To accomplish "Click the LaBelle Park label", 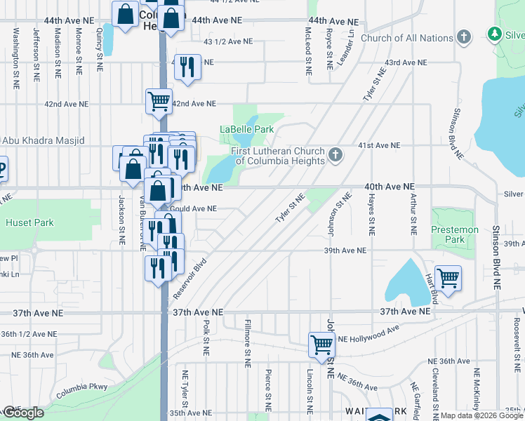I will pos(246,129).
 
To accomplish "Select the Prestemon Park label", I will pos(454,234).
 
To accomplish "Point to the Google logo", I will pos(23,413).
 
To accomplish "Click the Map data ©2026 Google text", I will pos(482,415).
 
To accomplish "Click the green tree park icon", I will pos(495,34).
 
